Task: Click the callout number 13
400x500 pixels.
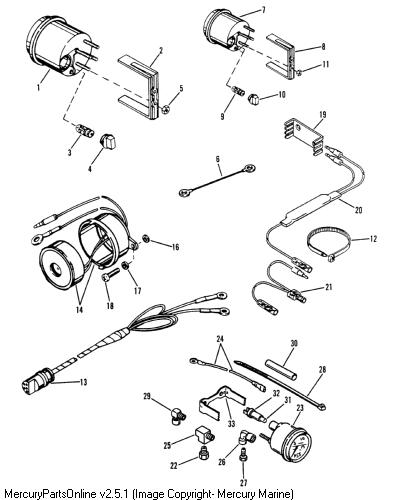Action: [83, 382]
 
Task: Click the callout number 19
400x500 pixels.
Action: [322, 115]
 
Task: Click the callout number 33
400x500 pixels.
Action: [231, 424]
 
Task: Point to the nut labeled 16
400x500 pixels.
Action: [145, 239]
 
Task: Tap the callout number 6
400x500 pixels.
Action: [218, 159]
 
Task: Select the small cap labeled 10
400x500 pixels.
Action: [255, 99]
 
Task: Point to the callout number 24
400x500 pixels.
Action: [220, 340]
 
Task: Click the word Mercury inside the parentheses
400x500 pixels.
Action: [240, 493]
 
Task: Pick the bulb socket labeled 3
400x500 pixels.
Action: [85, 130]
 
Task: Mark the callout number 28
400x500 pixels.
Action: [322, 370]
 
